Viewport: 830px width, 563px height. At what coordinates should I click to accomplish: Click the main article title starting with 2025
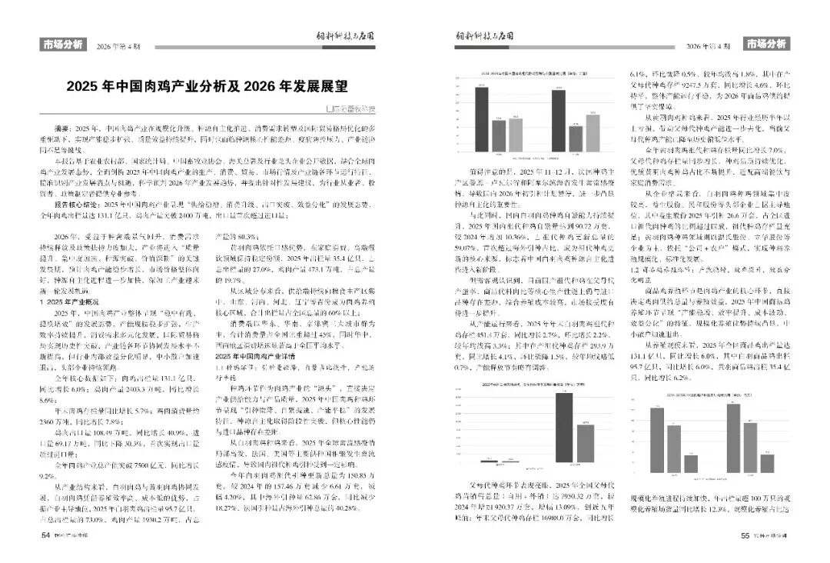pyautogui.click(x=207, y=85)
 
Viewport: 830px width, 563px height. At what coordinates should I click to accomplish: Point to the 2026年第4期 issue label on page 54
pyautogui.click(x=118, y=46)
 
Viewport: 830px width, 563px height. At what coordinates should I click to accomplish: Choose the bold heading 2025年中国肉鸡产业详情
pyautogui.click(x=253, y=356)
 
